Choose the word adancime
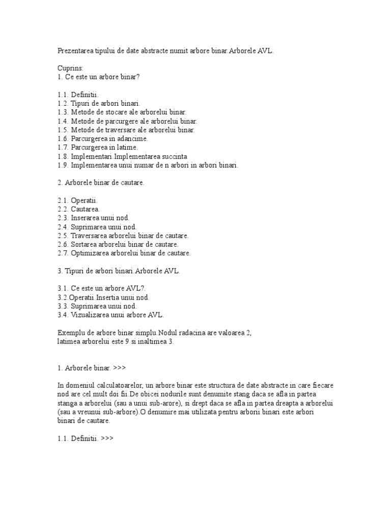pyautogui.click(x=132, y=138)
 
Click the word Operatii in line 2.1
pyautogui.click(x=84, y=200)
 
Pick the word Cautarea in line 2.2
pyautogui.click(x=86, y=209)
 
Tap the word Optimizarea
pyautogui.click(x=91, y=253)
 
